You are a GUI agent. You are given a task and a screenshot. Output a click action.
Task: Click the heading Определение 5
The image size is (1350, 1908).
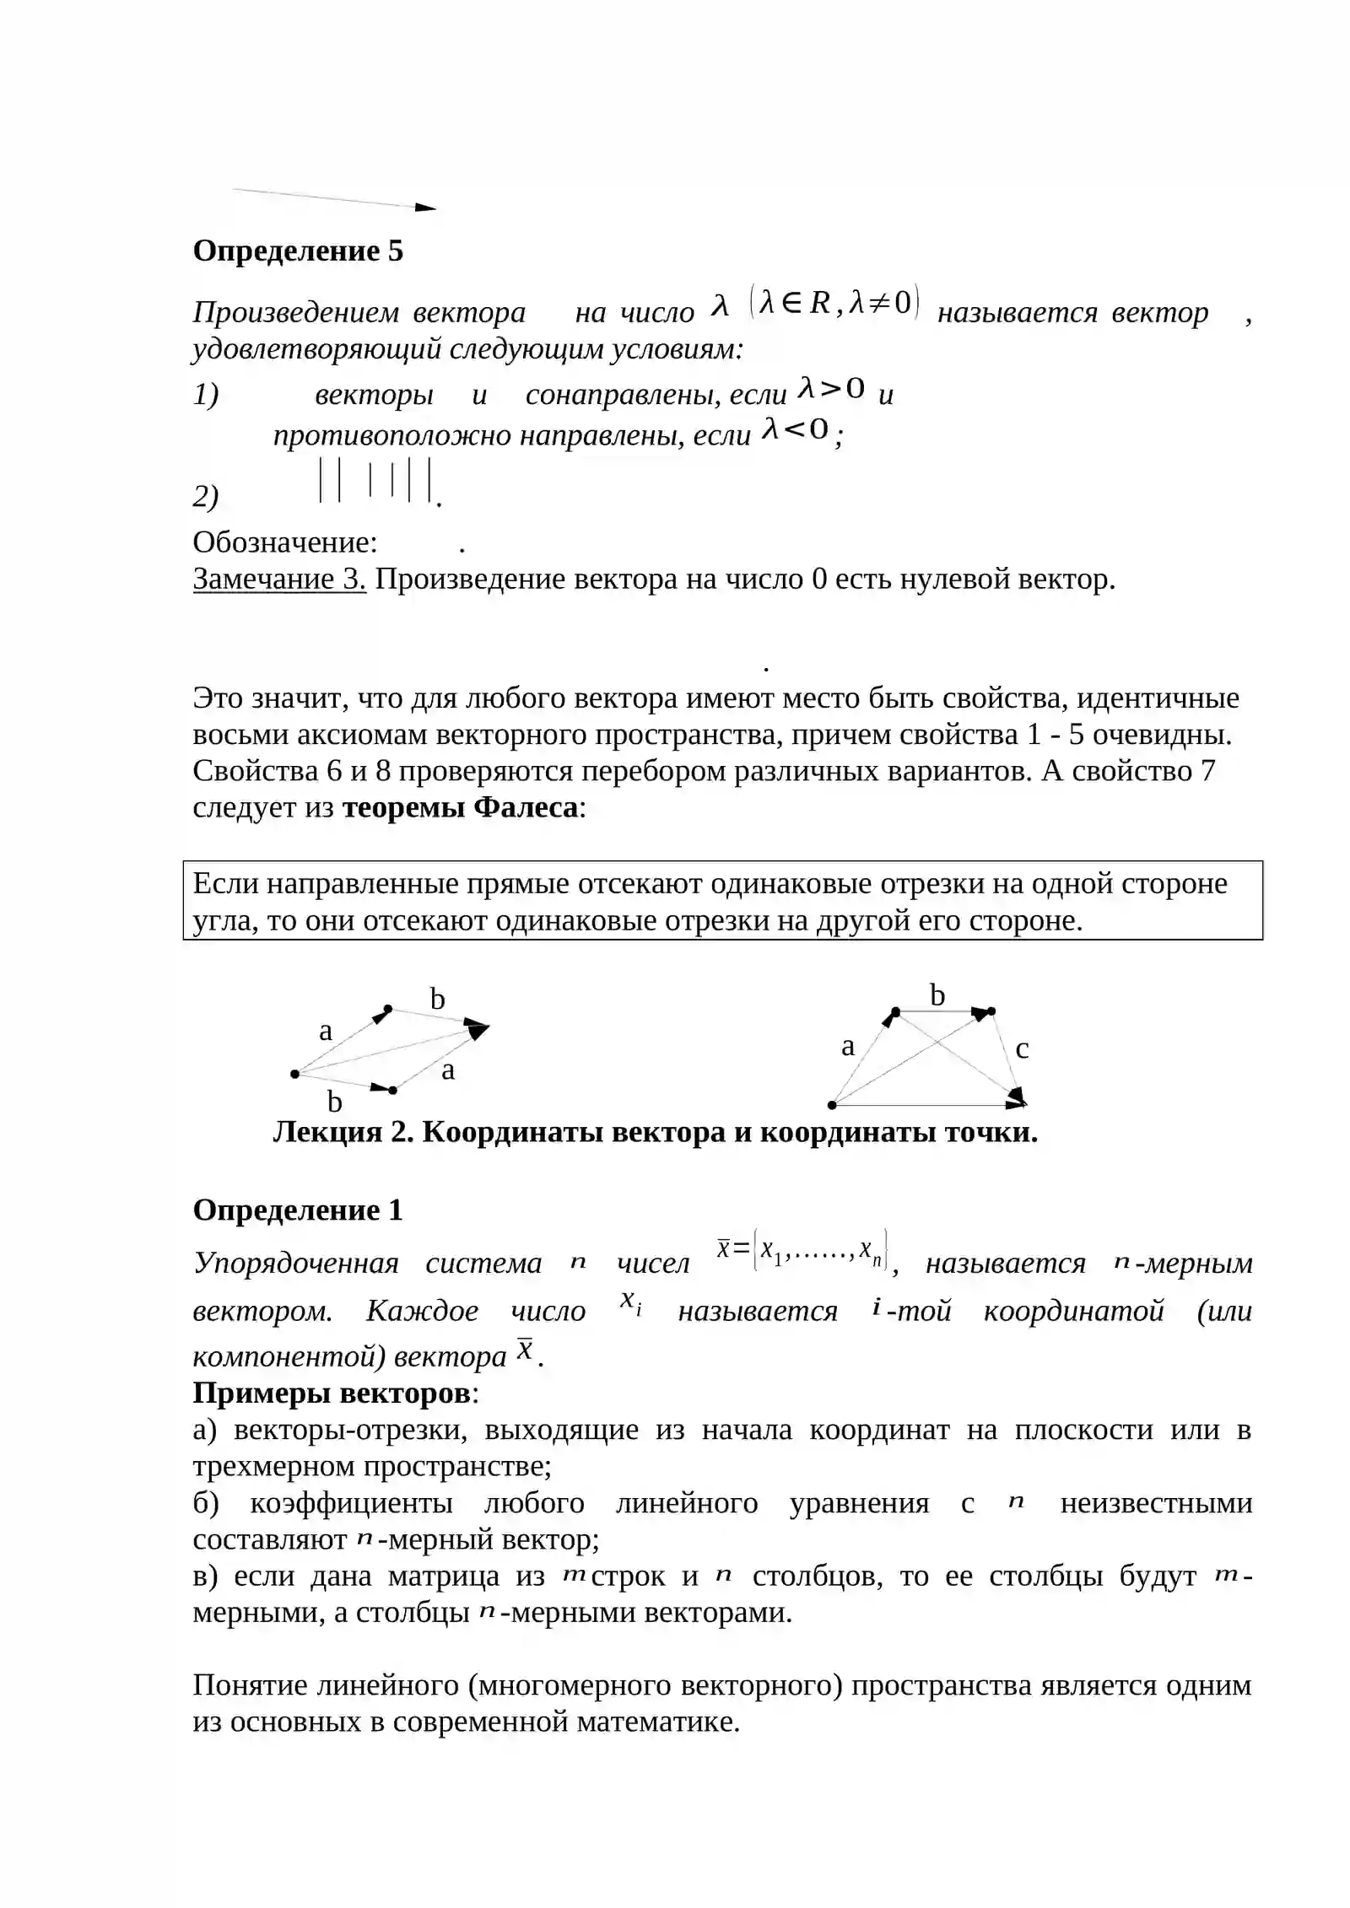[x=298, y=251]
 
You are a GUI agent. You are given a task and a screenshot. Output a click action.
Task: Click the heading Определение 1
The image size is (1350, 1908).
[x=298, y=1210]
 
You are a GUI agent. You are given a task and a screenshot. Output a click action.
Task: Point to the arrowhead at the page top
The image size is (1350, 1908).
[x=426, y=208]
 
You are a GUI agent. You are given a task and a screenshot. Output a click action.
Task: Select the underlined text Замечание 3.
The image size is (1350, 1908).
[x=279, y=579]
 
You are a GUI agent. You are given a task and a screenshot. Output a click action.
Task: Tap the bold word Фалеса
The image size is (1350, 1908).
[x=526, y=808]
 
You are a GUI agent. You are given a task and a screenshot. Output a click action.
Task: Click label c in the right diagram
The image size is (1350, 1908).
[x=1022, y=1049]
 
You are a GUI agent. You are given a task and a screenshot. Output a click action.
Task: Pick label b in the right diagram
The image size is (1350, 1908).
[x=937, y=996]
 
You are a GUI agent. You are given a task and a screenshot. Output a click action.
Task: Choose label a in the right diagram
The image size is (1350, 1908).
[x=848, y=1047]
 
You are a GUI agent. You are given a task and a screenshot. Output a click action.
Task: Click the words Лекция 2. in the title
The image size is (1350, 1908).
[x=343, y=1132]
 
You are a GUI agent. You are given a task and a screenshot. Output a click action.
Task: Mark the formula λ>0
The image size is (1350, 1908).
[x=832, y=389]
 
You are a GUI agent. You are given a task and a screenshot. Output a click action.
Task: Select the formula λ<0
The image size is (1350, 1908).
[x=796, y=430]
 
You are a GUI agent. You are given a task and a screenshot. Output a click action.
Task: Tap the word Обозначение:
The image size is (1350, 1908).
[x=285, y=542]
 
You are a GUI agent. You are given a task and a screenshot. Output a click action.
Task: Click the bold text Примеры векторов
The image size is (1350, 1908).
[x=332, y=1393]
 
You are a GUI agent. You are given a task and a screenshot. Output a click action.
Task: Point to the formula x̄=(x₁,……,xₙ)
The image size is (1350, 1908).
[x=802, y=1250]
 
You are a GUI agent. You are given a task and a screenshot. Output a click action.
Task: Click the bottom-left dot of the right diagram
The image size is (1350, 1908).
[x=832, y=1105]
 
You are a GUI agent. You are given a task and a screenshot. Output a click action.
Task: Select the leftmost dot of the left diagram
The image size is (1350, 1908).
[x=294, y=1074]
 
